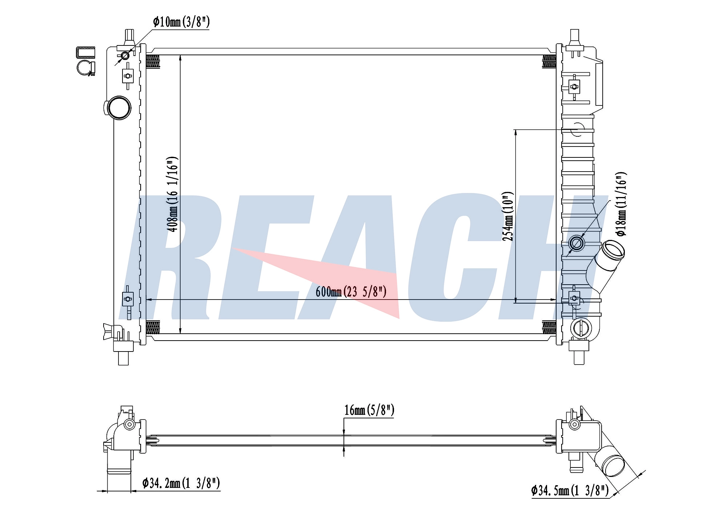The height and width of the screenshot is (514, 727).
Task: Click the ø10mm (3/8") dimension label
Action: click(x=181, y=22)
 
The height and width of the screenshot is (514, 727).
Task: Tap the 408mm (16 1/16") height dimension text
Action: click(x=172, y=194)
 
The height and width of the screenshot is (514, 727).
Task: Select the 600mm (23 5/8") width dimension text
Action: click(x=351, y=292)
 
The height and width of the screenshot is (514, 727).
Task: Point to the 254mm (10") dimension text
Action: click(x=508, y=216)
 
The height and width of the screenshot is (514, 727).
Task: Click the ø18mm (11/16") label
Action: click(x=621, y=204)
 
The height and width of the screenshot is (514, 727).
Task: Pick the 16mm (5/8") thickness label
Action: click(x=369, y=410)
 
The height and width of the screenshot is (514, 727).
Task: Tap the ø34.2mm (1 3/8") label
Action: click(x=181, y=483)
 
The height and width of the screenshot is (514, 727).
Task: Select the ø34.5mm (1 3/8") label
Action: click(x=570, y=491)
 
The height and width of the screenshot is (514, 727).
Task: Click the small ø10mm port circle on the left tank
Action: click(x=125, y=56)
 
